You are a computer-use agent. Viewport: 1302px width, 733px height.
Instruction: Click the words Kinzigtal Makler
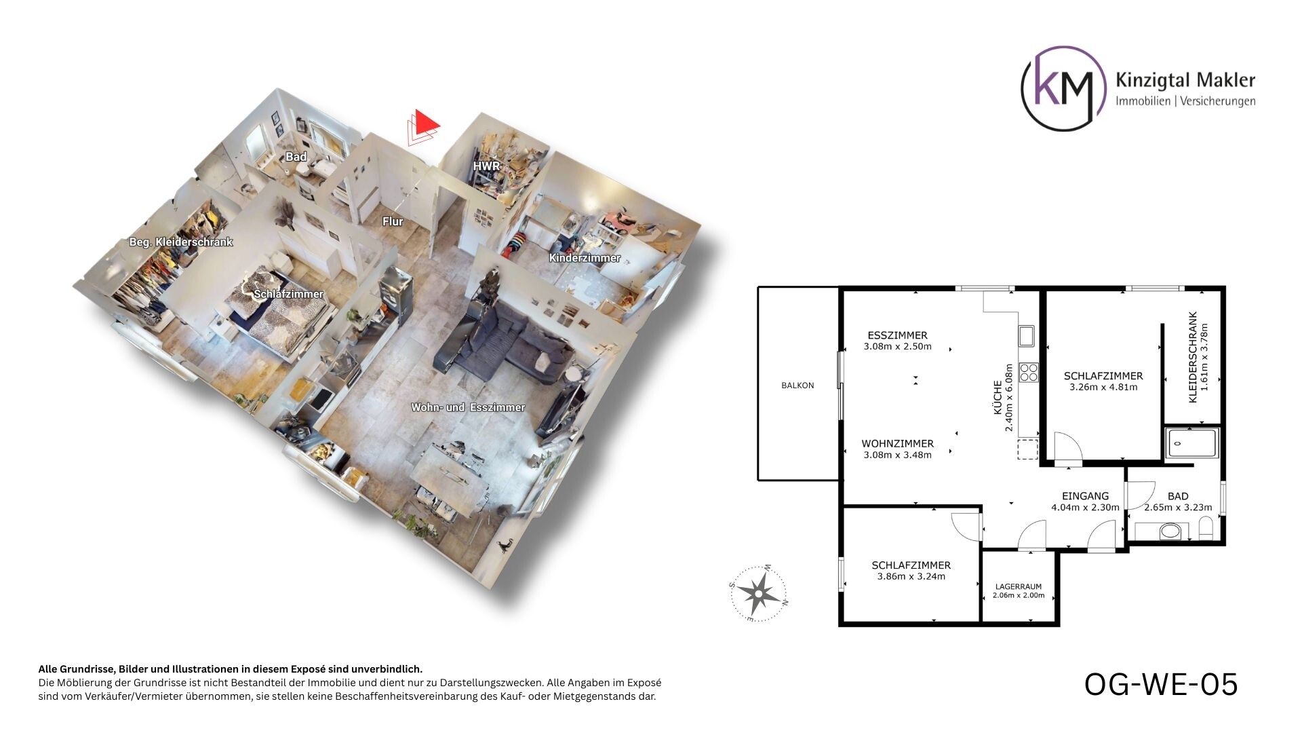[x=1185, y=81]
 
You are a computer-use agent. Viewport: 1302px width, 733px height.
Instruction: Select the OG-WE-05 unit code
[x=1161, y=684]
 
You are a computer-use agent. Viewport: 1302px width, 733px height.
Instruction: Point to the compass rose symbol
[x=758, y=593]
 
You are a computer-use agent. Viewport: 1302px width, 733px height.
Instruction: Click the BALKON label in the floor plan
[x=797, y=386]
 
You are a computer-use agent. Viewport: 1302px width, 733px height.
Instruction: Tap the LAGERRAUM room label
[x=1019, y=587]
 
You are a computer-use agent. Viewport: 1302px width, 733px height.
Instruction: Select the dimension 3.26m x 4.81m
[x=1103, y=388]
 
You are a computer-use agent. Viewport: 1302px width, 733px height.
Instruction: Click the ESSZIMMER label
[x=897, y=335]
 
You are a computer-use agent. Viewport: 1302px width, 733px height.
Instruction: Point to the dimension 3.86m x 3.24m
[x=911, y=577]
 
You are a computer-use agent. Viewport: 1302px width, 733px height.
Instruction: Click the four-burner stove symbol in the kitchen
[x=1029, y=373]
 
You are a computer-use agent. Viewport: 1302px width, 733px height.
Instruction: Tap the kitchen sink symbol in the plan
[x=1025, y=335]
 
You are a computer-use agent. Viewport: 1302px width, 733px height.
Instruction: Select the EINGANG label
[x=1085, y=496]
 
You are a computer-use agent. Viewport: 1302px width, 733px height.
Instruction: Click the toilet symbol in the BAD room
[x=1206, y=528]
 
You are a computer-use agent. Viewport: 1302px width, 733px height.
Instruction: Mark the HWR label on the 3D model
[x=486, y=166]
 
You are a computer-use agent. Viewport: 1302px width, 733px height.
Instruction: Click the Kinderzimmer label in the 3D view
[x=585, y=258]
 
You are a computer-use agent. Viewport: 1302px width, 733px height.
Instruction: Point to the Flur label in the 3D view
[x=393, y=221]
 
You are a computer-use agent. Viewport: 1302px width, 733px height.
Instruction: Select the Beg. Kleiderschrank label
[x=181, y=242]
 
